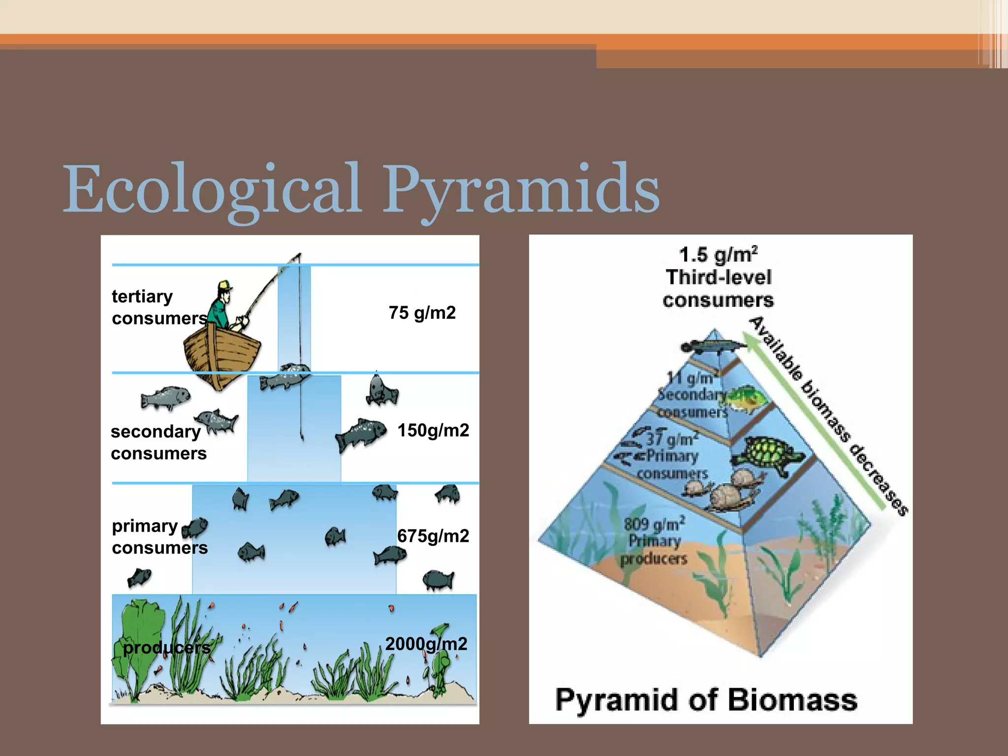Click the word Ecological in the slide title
click(x=212, y=189)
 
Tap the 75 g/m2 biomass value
click(x=422, y=313)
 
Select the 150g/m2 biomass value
click(x=433, y=430)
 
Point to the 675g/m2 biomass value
click(x=433, y=535)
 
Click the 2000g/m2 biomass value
click(x=426, y=644)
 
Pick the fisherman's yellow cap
click(x=225, y=285)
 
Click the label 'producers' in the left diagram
click(x=166, y=648)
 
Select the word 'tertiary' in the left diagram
click(x=142, y=296)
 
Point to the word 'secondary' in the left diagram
click(x=156, y=432)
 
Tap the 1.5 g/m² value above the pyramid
click(x=718, y=255)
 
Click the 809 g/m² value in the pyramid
click(x=654, y=524)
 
